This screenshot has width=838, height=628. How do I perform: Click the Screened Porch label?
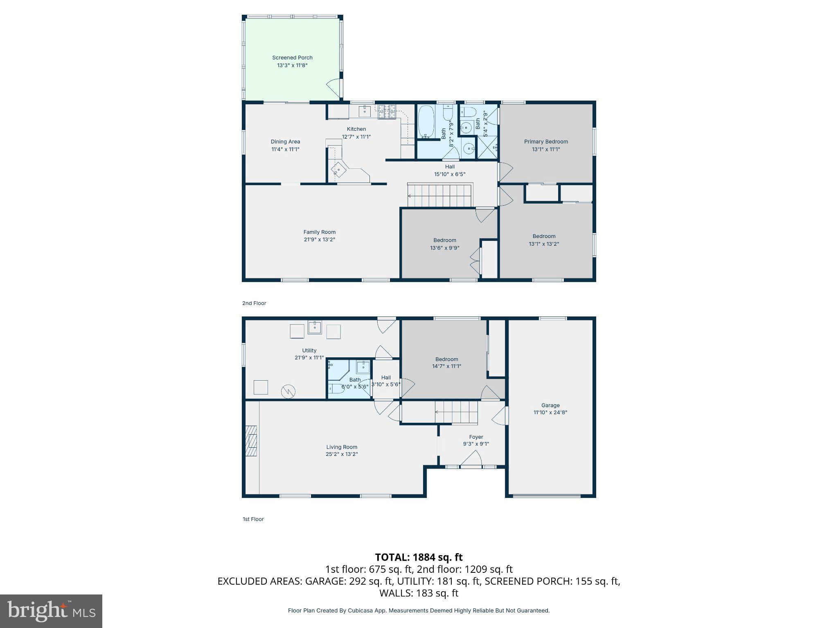point(292,58)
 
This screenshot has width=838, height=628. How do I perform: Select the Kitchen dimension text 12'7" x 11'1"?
point(356,137)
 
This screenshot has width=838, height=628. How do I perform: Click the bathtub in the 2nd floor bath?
point(426,122)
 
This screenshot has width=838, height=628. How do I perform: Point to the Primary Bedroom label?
point(546,142)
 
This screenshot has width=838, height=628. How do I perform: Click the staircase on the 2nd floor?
point(440,196)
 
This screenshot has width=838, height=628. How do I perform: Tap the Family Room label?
point(319,232)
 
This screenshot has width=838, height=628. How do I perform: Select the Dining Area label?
point(285,142)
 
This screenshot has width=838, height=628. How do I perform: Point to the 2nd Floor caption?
point(254,303)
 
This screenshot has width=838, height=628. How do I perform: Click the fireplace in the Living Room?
point(251,440)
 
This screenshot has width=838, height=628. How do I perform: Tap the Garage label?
point(550,406)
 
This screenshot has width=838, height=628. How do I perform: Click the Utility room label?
point(309,350)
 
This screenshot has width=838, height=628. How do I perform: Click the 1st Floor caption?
point(253,519)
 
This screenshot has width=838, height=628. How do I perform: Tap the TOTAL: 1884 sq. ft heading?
point(419,557)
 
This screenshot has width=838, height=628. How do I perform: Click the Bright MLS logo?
point(51,611)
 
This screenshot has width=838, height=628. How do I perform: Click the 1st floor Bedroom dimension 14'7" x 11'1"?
point(446,366)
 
